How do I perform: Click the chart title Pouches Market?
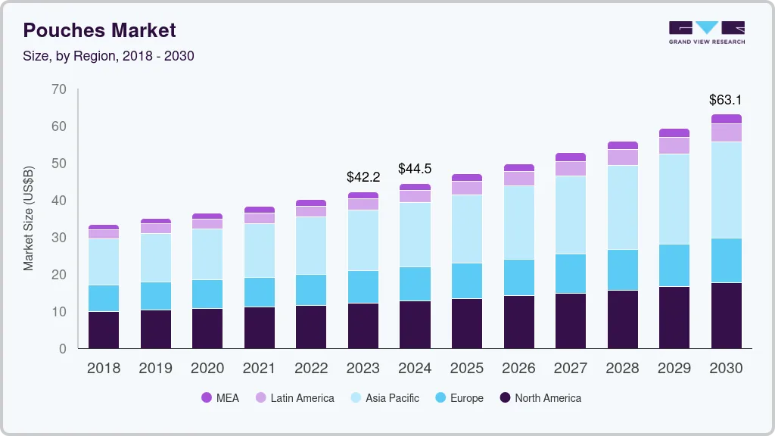[x=99, y=30]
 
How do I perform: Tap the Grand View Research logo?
[x=706, y=33]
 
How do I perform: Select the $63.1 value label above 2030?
[x=725, y=99]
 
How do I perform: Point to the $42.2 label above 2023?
[x=363, y=176]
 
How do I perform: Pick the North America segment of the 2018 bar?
[x=104, y=330]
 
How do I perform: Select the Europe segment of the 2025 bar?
[x=467, y=281]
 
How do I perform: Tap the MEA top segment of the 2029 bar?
[x=674, y=132]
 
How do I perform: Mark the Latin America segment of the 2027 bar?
[x=571, y=168]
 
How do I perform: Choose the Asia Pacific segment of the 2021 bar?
[x=260, y=251]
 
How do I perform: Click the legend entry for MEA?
[x=220, y=397]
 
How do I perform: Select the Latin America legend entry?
[x=294, y=397]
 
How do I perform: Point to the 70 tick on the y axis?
[x=58, y=89]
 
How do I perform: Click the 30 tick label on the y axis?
[x=58, y=238]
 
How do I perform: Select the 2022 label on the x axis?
[x=311, y=369]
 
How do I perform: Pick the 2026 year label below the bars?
[x=518, y=369]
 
